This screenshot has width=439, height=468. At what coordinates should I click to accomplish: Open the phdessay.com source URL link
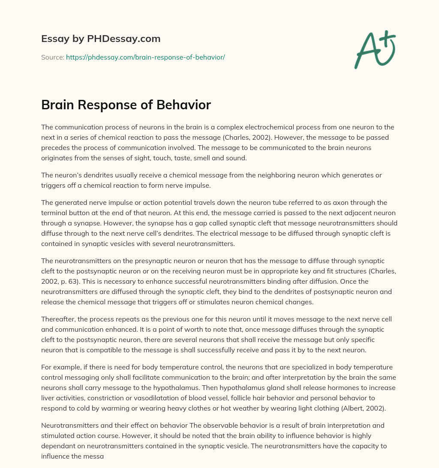(x=145, y=57)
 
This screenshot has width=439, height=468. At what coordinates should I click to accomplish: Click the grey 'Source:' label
(x=52, y=57)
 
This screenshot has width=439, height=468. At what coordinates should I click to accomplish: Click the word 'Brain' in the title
(x=58, y=105)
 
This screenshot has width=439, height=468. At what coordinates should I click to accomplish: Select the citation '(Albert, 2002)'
(x=364, y=408)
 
